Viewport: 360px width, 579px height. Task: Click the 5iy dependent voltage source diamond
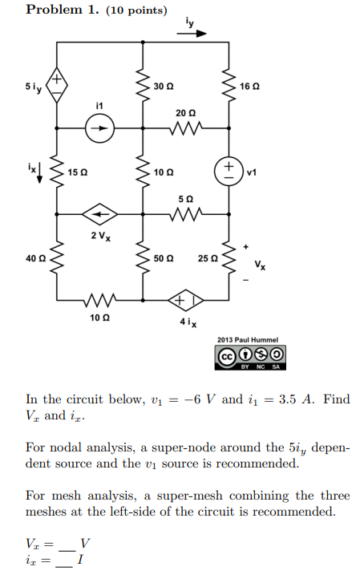[57, 83]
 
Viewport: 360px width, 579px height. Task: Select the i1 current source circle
[100, 127]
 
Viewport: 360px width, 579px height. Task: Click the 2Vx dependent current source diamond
[100, 214]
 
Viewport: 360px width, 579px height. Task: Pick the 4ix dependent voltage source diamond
[185, 302]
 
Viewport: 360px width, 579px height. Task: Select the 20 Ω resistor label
[185, 111]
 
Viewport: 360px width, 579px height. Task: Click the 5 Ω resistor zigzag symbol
[185, 214]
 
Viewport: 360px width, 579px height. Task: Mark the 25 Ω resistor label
[207, 258]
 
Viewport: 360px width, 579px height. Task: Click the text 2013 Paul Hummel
[249, 339]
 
